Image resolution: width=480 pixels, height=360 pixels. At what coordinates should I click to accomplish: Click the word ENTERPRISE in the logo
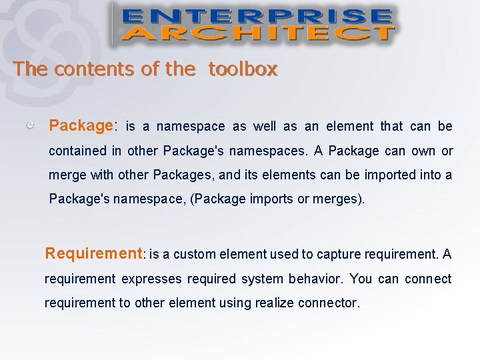point(257,16)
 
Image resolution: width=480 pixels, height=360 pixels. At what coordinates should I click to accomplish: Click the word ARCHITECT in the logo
point(257,33)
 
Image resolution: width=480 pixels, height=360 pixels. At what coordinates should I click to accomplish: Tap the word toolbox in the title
point(243,69)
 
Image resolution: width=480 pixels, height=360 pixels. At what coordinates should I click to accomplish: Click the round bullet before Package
point(31,125)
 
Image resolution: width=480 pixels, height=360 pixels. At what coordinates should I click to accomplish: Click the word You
point(361,279)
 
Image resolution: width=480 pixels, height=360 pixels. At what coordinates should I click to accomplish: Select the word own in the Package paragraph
point(423,151)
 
